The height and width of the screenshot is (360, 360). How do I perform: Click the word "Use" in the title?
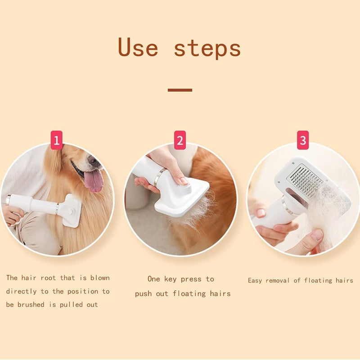tap(138, 47)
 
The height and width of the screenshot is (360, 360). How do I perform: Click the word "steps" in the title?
tap(207, 49)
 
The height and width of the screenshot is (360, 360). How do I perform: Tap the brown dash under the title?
tap(180, 90)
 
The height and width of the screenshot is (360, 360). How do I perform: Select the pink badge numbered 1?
tap(57, 140)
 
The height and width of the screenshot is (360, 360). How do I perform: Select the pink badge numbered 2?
tap(180, 140)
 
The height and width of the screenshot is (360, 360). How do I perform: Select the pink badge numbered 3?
tap(303, 140)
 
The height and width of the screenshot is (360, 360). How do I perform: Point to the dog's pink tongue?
tap(94, 181)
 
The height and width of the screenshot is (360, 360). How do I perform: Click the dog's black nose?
tap(93, 160)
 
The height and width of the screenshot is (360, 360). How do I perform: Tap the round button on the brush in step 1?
tap(71, 211)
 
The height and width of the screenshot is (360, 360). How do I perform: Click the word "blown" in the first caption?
tap(100, 278)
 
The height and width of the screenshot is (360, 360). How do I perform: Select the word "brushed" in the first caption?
tap(31, 305)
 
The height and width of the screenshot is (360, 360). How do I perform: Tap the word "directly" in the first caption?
tap(21, 291)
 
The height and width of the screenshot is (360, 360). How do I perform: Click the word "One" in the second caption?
tap(153, 279)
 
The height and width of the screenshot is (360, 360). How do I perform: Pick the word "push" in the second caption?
tap(143, 294)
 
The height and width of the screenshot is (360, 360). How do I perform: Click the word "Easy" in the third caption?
tap(255, 280)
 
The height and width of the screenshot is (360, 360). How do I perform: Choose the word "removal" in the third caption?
tap(278, 280)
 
